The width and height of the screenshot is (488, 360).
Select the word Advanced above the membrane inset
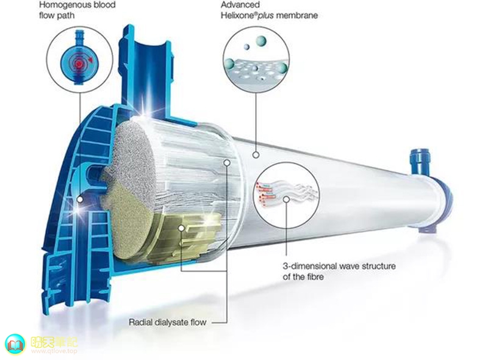click(240, 5)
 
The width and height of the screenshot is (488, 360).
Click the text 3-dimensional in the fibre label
click(310, 266)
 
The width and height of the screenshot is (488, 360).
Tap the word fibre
click(314, 276)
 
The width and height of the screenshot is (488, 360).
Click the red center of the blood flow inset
click(79, 63)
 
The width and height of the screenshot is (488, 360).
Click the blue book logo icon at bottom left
click(15, 344)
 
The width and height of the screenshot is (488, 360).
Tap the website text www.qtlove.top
click(54, 351)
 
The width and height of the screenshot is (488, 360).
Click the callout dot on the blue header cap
click(80, 200)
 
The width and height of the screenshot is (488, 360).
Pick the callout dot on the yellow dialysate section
click(181, 228)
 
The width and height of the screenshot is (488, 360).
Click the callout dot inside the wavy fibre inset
click(286, 200)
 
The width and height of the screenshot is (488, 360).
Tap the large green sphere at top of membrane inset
click(260, 41)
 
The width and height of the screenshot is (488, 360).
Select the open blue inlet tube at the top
click(146, 56)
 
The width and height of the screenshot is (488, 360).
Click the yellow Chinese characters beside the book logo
click(54, 342)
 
